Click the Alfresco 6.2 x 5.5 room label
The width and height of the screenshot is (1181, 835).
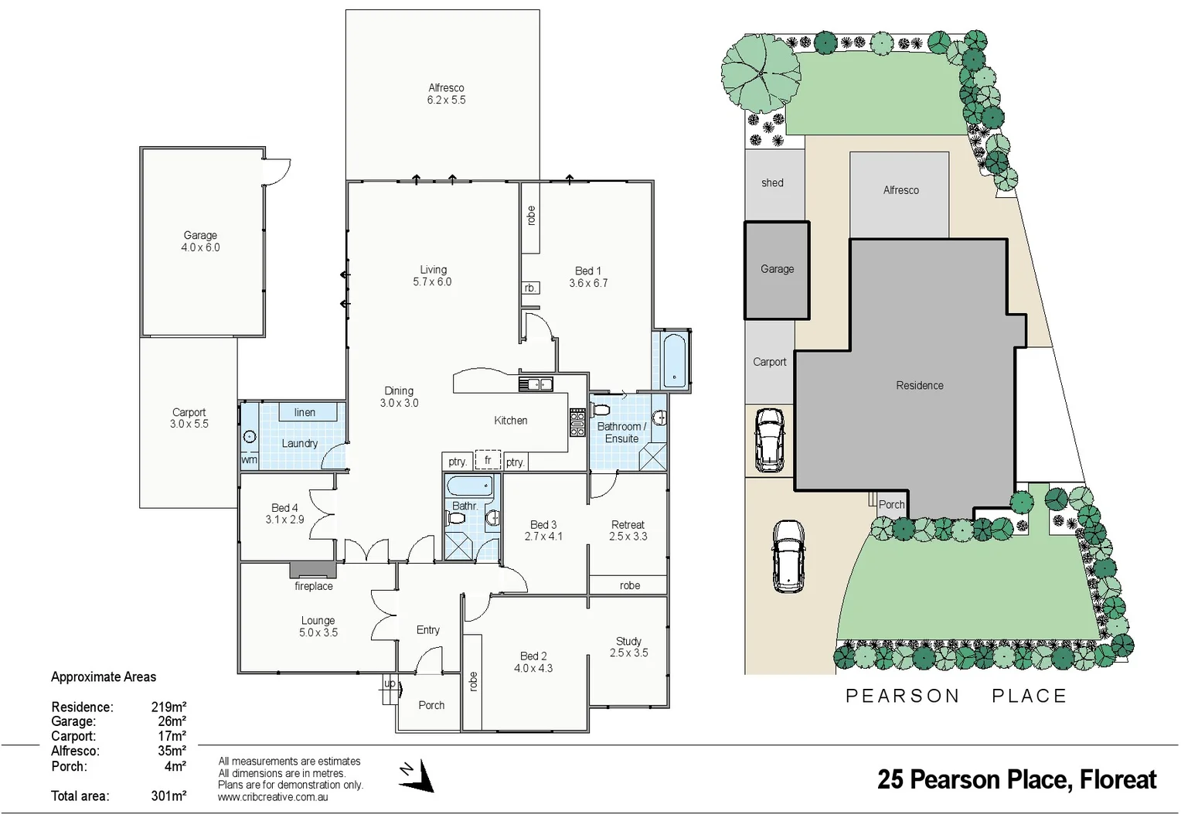[x=446, y=94]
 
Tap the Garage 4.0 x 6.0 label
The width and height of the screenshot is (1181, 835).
[x=200, y=241]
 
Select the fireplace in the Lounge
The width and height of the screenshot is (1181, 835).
[x=313, y=571]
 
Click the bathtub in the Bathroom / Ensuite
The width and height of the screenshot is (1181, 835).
[x=674, y=360]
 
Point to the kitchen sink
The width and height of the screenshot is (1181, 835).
[x=535, y=383]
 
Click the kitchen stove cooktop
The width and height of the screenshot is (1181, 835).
[x=577, y=422]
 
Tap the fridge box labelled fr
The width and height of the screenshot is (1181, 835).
[x=488, y=460]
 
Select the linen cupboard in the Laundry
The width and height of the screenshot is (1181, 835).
[x=305, y=412]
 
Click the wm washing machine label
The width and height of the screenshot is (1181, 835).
[x=249, y=459]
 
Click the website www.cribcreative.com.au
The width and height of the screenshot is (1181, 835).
[x=273, y=797]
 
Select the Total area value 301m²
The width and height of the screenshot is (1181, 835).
[x=168, y=796]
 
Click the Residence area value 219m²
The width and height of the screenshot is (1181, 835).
[x=168, y=707]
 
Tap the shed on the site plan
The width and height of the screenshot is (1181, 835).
[x=773, y=183]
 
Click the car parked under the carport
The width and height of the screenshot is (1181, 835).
[x=769, y=439]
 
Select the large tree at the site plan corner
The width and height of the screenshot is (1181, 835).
[x=761, y=73]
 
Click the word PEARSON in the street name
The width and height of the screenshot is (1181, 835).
[x=902, y=696]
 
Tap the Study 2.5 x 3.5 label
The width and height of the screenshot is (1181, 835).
[x=628, y=647]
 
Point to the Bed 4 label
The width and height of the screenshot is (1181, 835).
[x=284, y=513]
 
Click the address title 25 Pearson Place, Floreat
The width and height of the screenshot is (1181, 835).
[x=1016, y=779]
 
